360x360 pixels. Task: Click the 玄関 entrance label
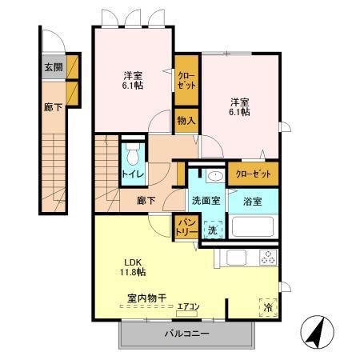[x=53, y=68]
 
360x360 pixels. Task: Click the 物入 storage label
[x=186, y=120]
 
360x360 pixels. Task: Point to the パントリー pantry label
[x=186, y=226]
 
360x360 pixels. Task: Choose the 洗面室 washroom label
[x=207, y=201]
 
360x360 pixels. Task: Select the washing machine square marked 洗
[x=211, y=230]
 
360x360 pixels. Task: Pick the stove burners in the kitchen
[x=266, y=258]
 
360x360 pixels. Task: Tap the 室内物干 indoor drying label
[x=146, y=298]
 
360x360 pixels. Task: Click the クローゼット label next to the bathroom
[x=253, y=174]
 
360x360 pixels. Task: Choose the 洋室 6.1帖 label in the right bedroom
[x=241, y=106]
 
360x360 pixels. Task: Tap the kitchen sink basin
[x=236, y=258]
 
